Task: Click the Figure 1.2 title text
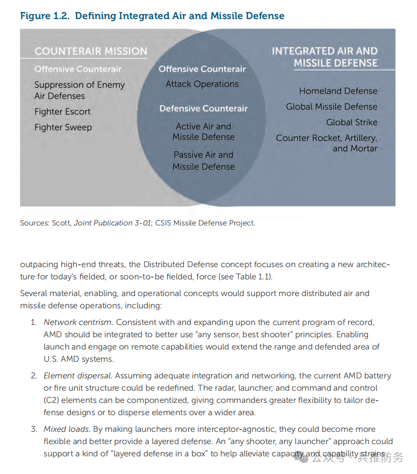point(152,16)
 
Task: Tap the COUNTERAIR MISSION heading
point(91,51)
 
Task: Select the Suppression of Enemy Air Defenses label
point(79,90)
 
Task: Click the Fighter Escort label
point(62,112)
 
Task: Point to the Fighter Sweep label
point(63,127)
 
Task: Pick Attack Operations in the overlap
point(202,84)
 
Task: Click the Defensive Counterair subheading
point(204,108)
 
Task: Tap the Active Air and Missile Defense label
point(203,131)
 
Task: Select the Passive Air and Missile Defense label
point(203,161)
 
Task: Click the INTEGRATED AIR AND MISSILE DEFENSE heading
point(325,57)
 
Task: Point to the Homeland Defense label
point(338,91)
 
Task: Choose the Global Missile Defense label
point(331,107)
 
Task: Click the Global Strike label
point(352,123)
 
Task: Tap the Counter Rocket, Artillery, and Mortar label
point(326,143)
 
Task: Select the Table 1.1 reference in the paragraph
point(253,276)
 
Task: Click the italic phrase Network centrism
point(78,323)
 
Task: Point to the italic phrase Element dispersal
point(78,376)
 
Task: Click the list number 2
point(34,376)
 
